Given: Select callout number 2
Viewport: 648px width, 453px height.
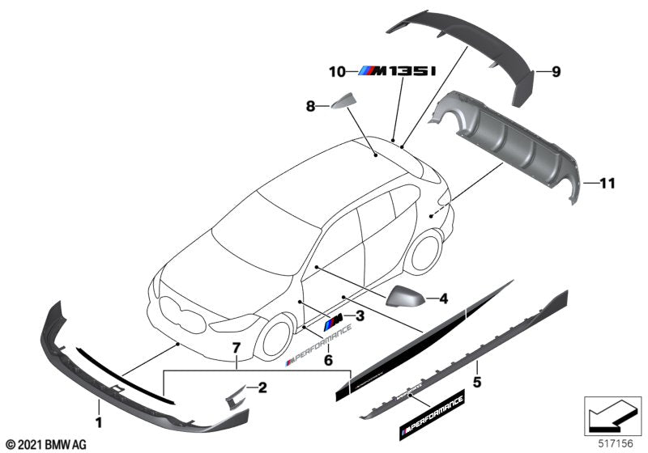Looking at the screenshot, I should coord(262,388).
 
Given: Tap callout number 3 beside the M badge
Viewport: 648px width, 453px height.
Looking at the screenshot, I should coord(360,316).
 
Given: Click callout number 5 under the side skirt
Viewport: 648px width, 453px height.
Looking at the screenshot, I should coord(478,379).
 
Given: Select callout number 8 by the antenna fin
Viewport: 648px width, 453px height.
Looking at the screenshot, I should coord(309,105).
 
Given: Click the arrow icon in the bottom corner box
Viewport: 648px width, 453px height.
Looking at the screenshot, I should coord(612,416).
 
